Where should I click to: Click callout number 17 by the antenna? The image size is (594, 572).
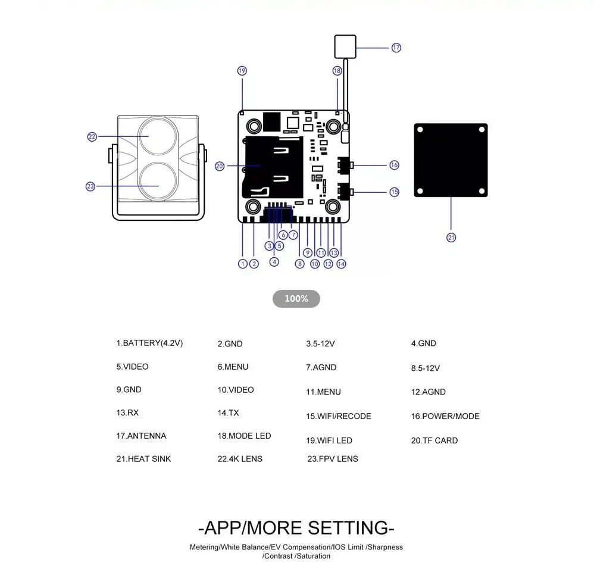click(396, 48)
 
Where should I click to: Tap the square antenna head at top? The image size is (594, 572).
click(345, 46)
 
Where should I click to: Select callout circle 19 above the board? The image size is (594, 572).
click(242, 71)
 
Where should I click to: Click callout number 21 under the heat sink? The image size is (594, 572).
click(451, 237)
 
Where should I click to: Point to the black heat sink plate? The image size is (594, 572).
click(451, 160)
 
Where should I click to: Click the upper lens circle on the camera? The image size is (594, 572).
click(158, 136)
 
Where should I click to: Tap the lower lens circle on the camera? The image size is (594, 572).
click(158, 182)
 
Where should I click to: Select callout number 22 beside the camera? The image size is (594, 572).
click(92, 137)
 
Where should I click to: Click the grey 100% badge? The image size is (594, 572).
click(296, 299)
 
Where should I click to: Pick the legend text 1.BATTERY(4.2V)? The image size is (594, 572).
click(149, 343)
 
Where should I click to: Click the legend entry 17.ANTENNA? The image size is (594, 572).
click(141, 436)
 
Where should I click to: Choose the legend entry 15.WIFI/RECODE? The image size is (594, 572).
click(339, 416)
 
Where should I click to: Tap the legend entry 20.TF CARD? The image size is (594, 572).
click(434, 440)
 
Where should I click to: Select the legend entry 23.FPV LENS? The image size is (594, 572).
click(333, 459)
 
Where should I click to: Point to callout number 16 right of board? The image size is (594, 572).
click(395, 165)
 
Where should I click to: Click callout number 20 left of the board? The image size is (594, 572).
click(220, 166)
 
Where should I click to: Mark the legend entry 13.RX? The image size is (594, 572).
click(127, 412)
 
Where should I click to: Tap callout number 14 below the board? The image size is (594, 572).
click(341, 264)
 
